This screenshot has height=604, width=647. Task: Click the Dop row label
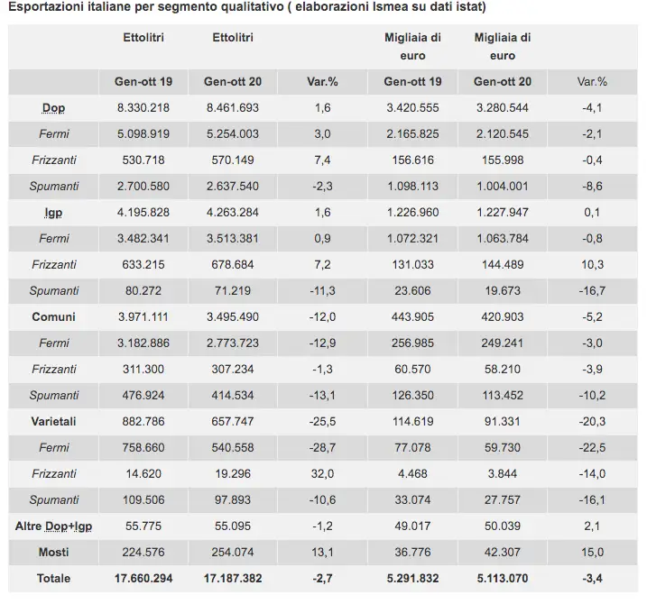[x=53, y=108]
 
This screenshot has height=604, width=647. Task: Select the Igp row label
[x=53, y=213]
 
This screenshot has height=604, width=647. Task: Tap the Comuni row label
[x=53, y=317]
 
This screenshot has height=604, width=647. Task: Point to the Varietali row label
[x=53, y=421]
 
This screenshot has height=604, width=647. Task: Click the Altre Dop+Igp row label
[x=53, y=526]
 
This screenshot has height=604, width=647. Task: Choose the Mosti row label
[x=53, y=552]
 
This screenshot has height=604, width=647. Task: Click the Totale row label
[x=53, y=578]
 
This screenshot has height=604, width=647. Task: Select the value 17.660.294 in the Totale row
[x=144, y=578]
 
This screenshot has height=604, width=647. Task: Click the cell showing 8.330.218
[x=144, y=108]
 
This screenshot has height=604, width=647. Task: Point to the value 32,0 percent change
[x=322, y=473]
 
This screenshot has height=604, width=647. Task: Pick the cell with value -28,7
[x=322, y=447]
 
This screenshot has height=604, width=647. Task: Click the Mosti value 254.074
[x=234, y=552]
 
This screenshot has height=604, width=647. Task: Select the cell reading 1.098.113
[x=412, y=187]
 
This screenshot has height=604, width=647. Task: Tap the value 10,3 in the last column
[x=592, y=265]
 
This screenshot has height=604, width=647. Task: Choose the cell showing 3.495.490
[x=234, y=317]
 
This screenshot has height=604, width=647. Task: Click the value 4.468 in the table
[x=412, y=473]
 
